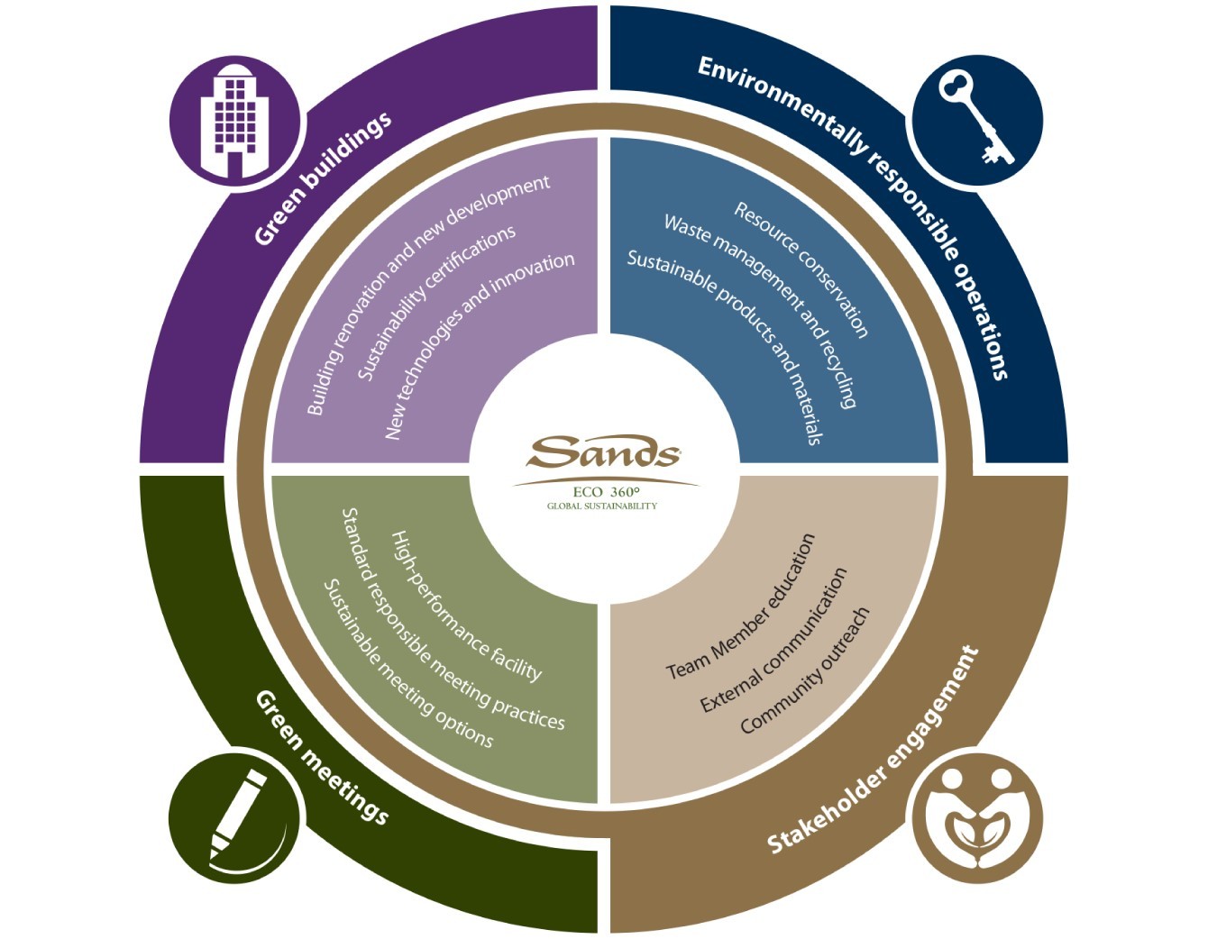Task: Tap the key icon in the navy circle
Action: click(x=975, y=119)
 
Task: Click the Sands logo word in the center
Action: click(x=603, y=453)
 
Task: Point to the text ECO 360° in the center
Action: click(x=605, y=492)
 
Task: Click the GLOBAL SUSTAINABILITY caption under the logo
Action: click(x=602, y=506)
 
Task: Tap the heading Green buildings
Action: click(x=322, y=178)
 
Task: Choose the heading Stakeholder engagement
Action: click(x=872, y=750)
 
